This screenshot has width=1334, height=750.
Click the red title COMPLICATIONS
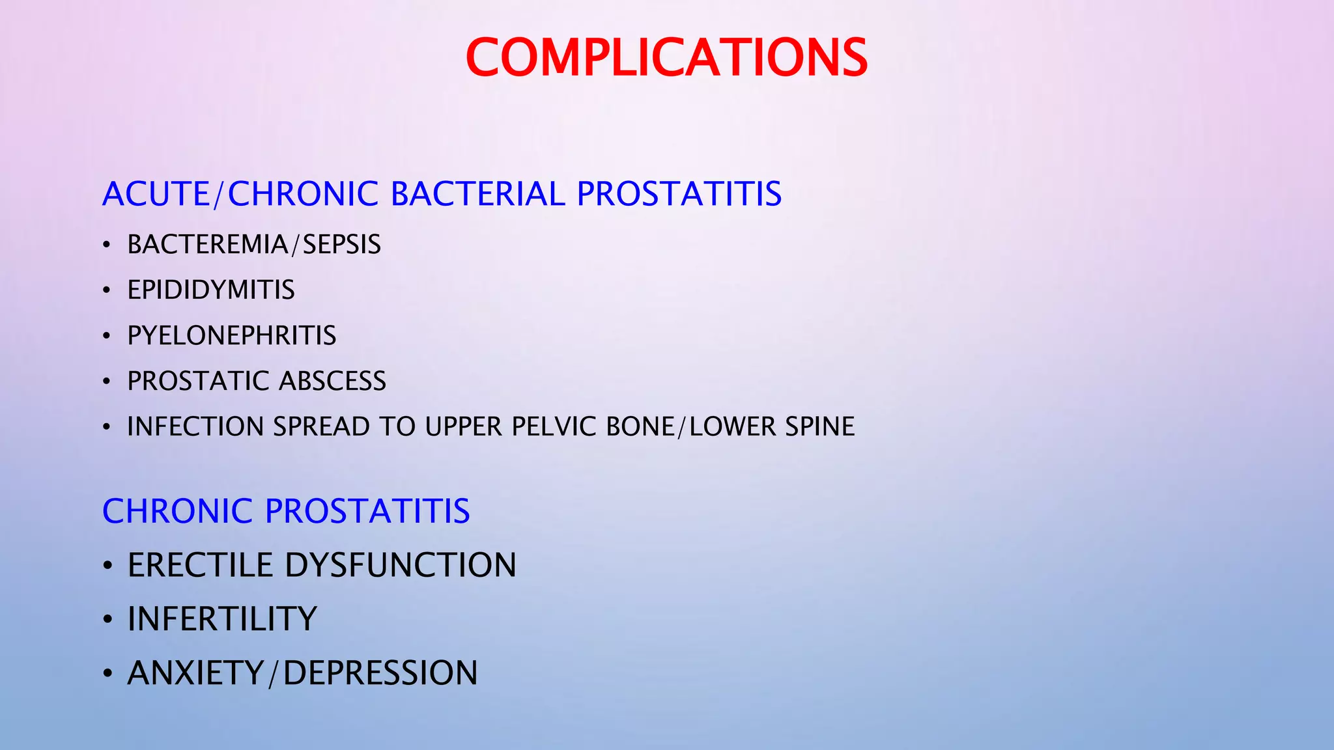coord(666,57)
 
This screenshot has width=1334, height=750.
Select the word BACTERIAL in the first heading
coord(478,194)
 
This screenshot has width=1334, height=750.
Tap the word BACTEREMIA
coord(207,245)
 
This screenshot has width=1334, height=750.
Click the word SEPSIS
coord(342,245)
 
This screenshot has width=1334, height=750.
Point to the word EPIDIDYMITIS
coord(211,290)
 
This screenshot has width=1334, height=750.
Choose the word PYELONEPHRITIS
coord(232,336)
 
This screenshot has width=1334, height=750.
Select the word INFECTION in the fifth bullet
coord(195,427)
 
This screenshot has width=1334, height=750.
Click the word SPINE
coord(820,427)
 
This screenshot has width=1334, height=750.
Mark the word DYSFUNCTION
coord(401,565)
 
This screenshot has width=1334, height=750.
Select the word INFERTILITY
coord(222,619)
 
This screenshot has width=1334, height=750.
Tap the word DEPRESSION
coord(381,673)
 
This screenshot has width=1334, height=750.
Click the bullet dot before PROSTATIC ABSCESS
coord(107,382)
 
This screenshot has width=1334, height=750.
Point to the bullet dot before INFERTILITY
coord(107,620)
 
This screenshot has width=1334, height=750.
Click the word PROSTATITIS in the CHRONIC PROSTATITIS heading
coord(367,511)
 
